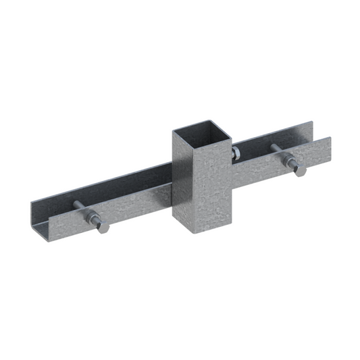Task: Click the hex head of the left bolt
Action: (x=103, y=227)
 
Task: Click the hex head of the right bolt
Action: (x=299, y=172)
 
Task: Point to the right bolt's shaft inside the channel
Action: (x=277, y=151)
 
